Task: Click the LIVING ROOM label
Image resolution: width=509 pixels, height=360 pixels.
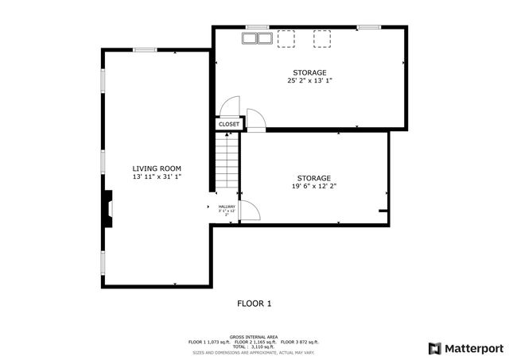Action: (x=157, y=168)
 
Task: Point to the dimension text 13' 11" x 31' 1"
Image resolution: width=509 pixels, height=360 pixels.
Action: (x=157, y=176)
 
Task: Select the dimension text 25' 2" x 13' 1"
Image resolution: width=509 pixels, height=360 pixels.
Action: (x=309, y=80)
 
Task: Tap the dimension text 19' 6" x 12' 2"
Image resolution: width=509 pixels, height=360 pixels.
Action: (x=313, y=186)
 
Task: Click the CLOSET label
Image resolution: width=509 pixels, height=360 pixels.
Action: (x=229, y=125)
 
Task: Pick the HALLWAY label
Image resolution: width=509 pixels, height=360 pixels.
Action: (x=227, y=207)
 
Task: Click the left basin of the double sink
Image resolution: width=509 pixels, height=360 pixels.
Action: (x=250, y=38)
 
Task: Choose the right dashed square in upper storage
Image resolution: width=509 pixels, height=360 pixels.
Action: (x=321, y=39)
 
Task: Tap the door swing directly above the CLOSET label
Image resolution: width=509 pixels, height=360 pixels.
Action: (x=228, y=108)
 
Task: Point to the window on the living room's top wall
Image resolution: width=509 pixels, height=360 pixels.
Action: (x=144, y=50)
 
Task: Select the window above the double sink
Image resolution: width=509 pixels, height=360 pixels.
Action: (x=256, y=28)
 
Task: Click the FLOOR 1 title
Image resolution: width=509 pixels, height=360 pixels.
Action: (x=254, y=304)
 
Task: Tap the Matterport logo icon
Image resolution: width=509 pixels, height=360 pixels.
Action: (x=433, y=348)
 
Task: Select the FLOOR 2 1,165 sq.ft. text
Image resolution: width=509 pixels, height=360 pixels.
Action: (x=254, y=341)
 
